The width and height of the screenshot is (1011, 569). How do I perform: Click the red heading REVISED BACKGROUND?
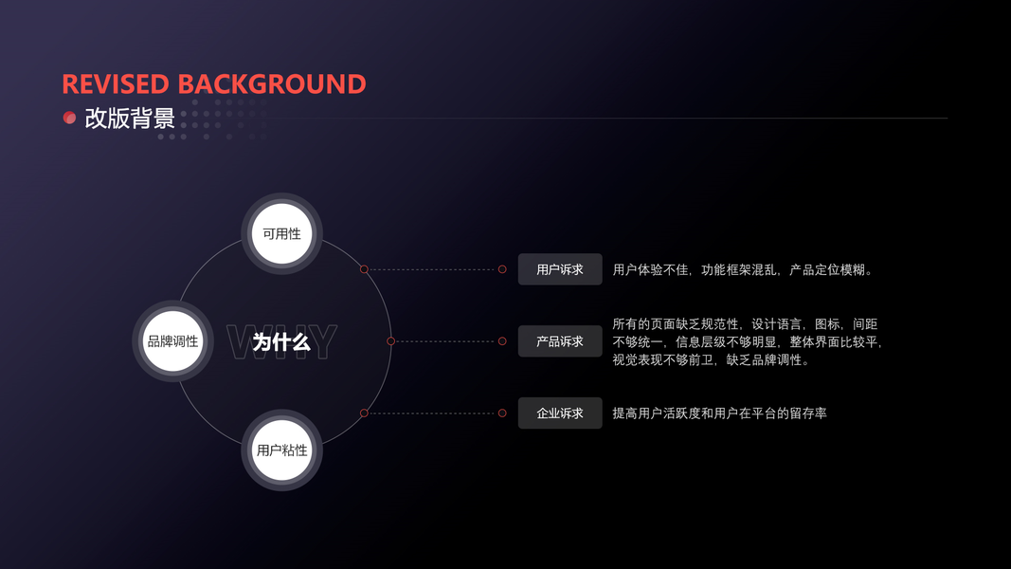(x=214, y=84)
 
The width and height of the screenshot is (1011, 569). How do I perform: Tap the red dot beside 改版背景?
(x=69, y=118)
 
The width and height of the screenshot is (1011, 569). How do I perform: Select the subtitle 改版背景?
(x=130, y=119)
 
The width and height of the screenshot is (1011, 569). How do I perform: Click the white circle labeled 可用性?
(x=282, y=233)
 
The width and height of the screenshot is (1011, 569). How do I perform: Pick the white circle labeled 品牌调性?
(x=172, y=341)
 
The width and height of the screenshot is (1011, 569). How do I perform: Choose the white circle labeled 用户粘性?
(x=282, y=450)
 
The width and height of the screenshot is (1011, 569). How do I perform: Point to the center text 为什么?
(x=281, y=341)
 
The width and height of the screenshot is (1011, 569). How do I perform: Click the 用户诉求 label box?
(x=560, y=269)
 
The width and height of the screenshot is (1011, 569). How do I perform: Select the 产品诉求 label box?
(x=560, y=341)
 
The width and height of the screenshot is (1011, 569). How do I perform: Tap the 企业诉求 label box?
(x=560, y=413)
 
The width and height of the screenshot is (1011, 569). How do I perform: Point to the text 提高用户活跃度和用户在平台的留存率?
(x=719, y=413)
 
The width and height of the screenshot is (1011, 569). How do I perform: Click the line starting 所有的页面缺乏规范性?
(x=745, y=324)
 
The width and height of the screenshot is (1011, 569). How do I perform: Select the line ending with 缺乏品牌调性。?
(x=711, y=359)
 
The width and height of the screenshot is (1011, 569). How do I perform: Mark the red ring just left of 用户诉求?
(x=502, y=269)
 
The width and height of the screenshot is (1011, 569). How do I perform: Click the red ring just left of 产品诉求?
(x=502, y=341)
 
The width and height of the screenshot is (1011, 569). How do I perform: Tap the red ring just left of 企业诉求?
(x=502, y=413)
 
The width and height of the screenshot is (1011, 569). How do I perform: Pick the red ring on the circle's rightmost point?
(x=390, y=341)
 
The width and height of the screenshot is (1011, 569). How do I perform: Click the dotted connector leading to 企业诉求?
(x=432, y=413)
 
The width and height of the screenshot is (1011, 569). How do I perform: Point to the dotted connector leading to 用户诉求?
(x=432, y=269)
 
